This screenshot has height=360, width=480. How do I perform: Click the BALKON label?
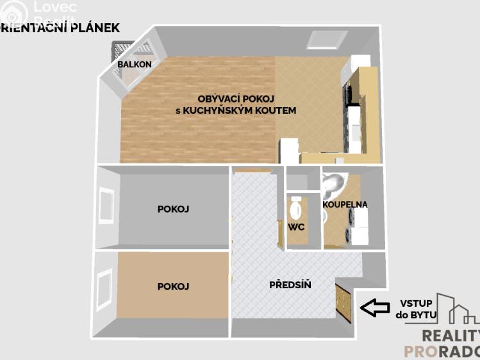click(x=135, y=64)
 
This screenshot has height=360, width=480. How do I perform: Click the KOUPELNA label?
click(x=345, y=204)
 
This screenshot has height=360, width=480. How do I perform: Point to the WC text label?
click(x=295, y=227)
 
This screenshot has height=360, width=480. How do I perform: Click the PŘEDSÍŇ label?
click(x=290, y=284)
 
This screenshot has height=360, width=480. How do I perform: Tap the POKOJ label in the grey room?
click(x=173, y=209)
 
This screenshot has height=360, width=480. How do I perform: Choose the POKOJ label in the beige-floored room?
click(x=173, y=286)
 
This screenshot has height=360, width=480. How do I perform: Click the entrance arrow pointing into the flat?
click(x=374, y=307)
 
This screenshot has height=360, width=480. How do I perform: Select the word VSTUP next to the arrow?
click(x=416, y=303)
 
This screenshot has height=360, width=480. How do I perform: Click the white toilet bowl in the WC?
click(x=296, y=208)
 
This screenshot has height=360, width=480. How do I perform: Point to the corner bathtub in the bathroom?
click(x=333, y=186)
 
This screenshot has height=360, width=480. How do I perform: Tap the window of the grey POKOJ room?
click(x=104, y=206)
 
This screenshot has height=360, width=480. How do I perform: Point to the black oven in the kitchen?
click(x=349, y=94)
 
